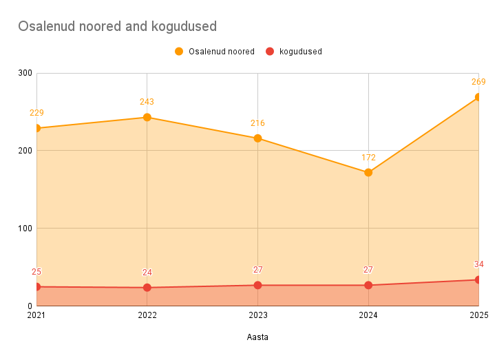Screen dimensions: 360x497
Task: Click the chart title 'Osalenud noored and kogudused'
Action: pos(117,26)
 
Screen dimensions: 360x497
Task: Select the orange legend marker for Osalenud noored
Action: pos(179,51)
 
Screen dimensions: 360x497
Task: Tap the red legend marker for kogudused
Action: pos(270,51)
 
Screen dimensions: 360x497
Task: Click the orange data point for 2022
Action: pos(147,117)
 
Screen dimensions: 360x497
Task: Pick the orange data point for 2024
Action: pos(368,172)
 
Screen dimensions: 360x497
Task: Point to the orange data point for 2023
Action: pos(257,138)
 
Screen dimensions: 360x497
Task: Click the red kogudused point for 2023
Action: pos(257,285)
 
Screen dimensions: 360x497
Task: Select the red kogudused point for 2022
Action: pos(147,287)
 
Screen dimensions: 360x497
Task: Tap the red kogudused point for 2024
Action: pos(368,285)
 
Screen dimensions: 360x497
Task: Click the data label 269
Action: pos(478,82)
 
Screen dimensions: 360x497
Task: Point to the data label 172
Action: pos(368,158)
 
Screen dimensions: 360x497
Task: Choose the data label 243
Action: pos(147,102)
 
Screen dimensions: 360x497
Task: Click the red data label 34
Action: pos(478,264)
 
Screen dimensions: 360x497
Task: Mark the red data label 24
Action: pos(147,272)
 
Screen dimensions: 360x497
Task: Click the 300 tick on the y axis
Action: pos(25,73)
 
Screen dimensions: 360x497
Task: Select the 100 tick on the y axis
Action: pos(25,228)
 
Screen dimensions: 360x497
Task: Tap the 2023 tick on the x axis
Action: pos(257,315)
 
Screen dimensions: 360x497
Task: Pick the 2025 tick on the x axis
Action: pos(478,315)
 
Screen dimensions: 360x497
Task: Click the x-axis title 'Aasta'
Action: pos(257,337)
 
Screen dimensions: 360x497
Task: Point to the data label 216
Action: pos(257,123)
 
